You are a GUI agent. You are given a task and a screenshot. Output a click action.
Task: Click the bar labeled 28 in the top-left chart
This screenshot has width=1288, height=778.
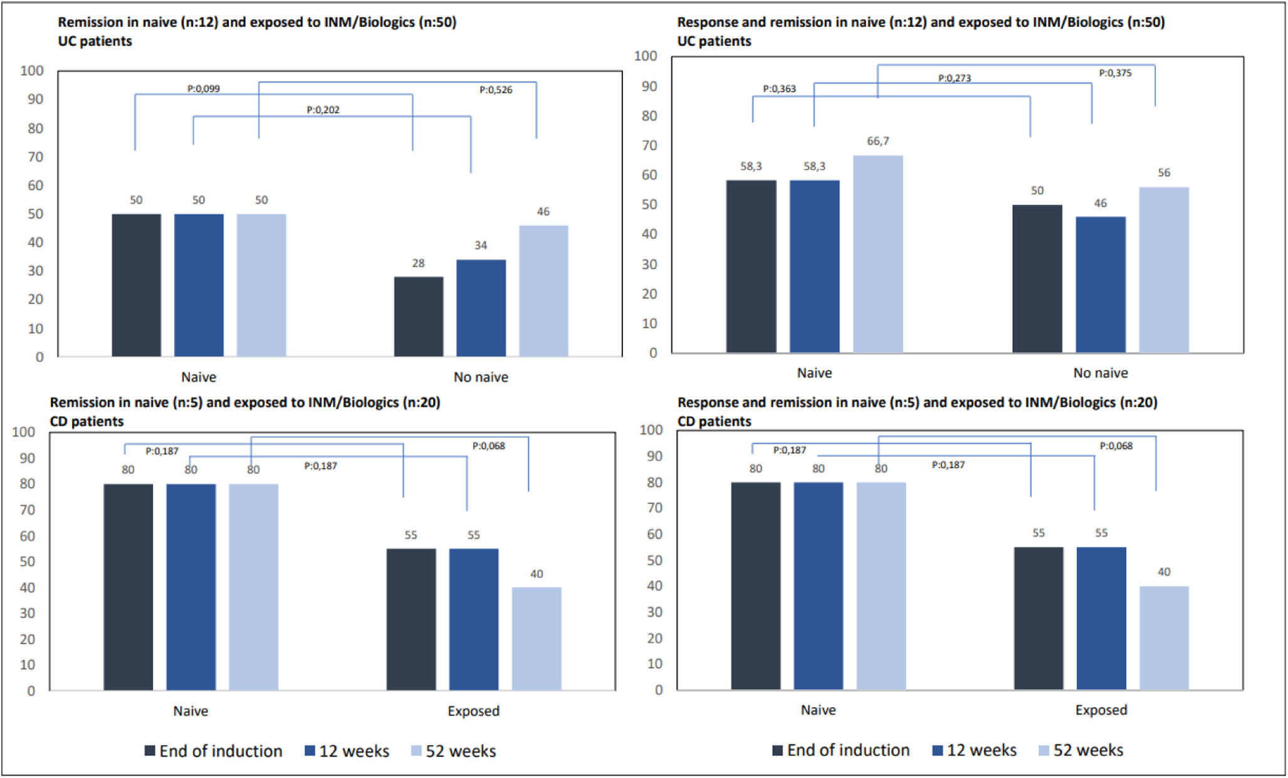point(418,317)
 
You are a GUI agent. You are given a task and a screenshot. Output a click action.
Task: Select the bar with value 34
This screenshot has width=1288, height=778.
point(481,308)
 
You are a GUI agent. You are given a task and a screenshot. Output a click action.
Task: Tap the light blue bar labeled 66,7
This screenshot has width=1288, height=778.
point(877,254)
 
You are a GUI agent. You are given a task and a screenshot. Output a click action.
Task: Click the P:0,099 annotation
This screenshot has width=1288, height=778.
point(204,89)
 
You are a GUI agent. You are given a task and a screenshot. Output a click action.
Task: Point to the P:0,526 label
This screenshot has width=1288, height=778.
point(496,90)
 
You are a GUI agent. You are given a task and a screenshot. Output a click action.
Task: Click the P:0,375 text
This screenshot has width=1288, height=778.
point(1115,73)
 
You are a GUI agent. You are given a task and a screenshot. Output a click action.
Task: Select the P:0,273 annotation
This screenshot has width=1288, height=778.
point(954,78)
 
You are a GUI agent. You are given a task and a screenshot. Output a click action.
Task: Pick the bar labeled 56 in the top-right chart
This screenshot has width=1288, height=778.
point(1163,270)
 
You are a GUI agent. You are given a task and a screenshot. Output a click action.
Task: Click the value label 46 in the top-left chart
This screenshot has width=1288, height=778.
point(543,212)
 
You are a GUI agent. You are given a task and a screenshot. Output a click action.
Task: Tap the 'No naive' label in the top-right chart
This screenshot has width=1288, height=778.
point(1100,373)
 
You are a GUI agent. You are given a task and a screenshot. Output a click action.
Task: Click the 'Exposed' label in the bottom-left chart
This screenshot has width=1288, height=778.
point(473,711)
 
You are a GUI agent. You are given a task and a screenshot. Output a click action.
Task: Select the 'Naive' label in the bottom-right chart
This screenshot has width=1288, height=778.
point(818,710)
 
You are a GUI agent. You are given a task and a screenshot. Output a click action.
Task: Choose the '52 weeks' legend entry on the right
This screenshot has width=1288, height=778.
point(1081,750)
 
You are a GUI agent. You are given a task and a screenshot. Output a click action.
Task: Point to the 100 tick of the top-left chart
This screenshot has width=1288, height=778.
point(31,71)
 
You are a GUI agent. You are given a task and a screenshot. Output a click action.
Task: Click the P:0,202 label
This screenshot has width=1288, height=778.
point(323,110)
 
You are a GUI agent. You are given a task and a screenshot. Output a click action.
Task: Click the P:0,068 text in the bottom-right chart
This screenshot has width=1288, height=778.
point(1116,446)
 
